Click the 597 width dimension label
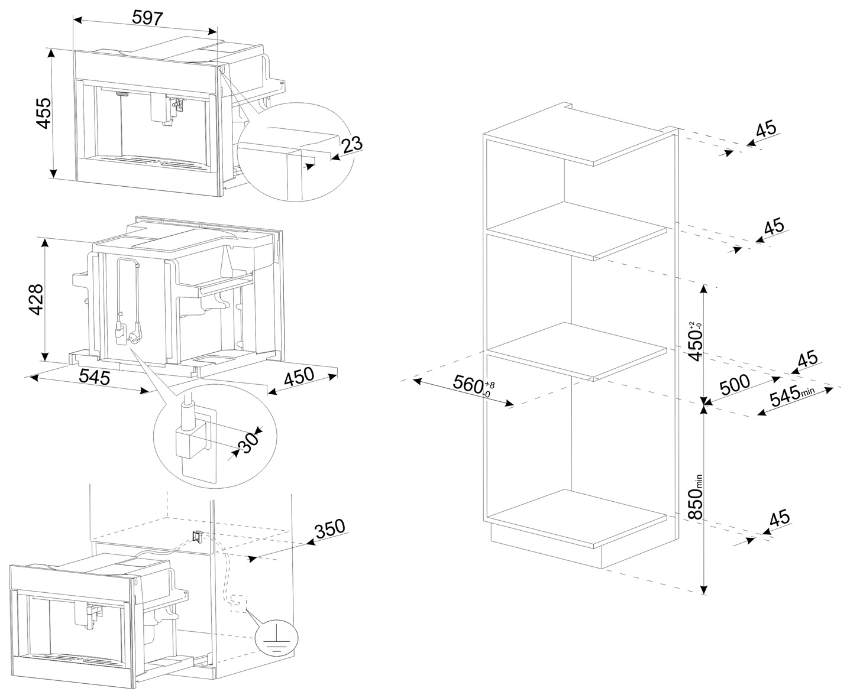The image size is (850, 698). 147,18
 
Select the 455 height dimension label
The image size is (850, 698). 44,113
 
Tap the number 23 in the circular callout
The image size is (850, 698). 351,145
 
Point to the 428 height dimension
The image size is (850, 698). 36,299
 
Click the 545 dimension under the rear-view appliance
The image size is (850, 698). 94,377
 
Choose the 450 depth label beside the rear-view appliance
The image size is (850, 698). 299,376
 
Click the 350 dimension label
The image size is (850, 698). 330,529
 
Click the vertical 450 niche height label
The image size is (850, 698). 696,341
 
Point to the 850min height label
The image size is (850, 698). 696,496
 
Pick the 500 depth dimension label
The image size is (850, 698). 735,385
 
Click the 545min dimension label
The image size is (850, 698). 792,395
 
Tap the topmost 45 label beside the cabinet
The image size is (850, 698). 766,129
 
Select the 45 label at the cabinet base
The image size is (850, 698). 779,518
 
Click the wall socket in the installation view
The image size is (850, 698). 197,536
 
